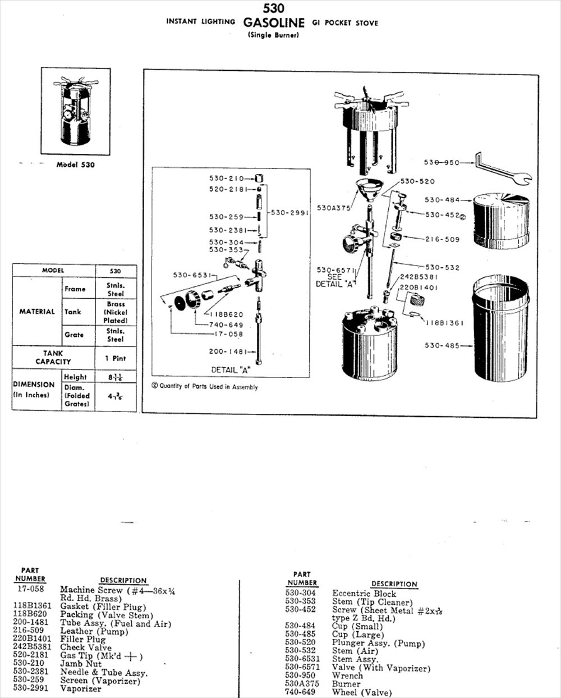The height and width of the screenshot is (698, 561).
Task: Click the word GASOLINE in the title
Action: click(274, 23)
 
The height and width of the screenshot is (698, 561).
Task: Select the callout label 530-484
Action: click(442, 200)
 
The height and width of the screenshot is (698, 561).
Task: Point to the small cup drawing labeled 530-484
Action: click(501, 221)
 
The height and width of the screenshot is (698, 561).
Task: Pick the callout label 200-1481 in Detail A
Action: click(228, 352)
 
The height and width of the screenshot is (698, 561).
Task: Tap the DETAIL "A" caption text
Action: click(230, 370)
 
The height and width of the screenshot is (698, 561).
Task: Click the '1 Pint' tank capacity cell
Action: click(116, 358)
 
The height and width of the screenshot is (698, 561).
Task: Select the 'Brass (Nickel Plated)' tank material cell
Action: click(116, 312)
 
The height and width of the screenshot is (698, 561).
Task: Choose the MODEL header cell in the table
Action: click(53, 271)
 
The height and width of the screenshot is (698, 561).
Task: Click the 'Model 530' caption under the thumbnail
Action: click(75, 165)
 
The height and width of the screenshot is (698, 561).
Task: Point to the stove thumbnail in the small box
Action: click(75, 111)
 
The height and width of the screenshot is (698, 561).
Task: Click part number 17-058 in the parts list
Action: click(30, 589)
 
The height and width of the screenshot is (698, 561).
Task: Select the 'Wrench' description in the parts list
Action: click(347, 676)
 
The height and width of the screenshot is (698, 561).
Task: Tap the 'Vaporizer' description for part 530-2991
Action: click(81, 688)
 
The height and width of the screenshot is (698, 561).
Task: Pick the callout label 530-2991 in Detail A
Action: click(289, 213)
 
